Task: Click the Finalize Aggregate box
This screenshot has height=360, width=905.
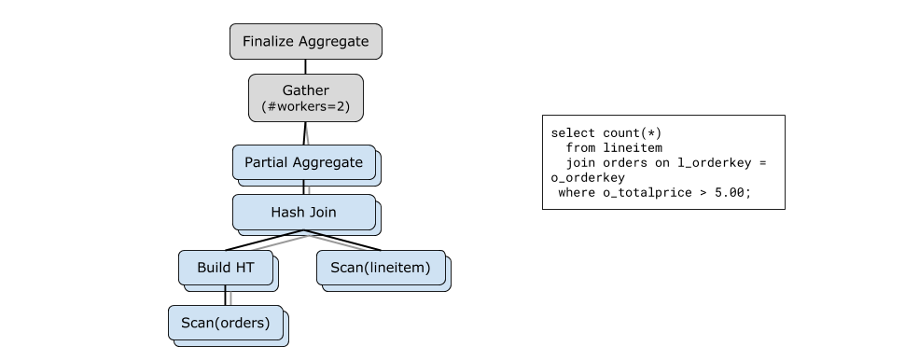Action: [306, 42]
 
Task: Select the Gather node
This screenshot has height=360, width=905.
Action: [306, 98]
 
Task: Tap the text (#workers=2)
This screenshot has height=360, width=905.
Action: [306, 106]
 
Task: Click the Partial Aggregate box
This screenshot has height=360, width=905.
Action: [304, 162]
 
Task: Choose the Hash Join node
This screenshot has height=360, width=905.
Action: [304, 213]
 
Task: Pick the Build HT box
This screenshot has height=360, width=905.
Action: [226, 268]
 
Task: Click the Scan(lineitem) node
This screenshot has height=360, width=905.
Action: [381, 268]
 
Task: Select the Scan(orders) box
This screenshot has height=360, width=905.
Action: [226, 323]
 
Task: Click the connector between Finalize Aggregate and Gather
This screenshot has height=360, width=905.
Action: [305, 66]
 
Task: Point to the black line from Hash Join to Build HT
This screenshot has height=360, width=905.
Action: [265, 240]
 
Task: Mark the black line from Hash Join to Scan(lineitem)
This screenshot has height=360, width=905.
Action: [342, 240]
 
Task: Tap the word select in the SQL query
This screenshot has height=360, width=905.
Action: [573, 133]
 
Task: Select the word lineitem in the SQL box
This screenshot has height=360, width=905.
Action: [633, 148]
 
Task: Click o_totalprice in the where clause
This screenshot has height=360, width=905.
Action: [647, 193]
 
